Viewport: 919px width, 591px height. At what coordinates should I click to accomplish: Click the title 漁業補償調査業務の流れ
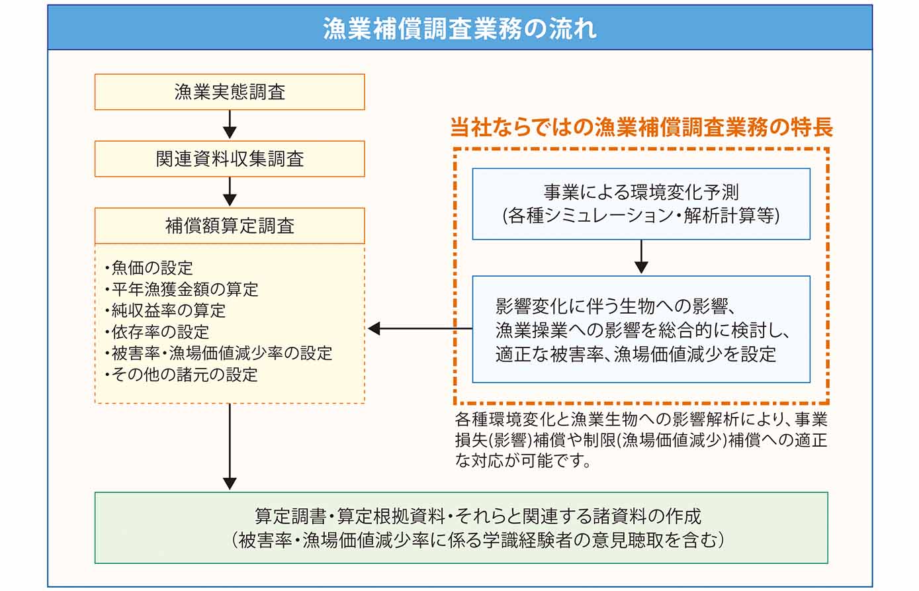tap(459, 28)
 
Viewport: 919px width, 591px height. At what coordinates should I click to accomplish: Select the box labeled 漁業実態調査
tap(230, 92)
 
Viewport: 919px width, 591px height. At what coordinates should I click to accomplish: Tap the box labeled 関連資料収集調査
tap(230, 159)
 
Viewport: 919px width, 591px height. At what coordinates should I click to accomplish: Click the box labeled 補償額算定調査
tap(230, 226)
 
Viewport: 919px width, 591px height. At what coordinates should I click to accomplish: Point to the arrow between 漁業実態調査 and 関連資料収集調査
tap(230, 125)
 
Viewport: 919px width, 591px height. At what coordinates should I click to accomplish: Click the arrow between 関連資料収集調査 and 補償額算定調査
tap(230, 192)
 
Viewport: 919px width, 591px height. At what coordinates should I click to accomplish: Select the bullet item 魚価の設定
tap(152, 268)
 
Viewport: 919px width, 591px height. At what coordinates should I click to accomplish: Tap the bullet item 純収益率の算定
tap(168, 310)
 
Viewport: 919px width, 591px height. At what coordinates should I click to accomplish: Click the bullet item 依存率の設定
tap(159, 332)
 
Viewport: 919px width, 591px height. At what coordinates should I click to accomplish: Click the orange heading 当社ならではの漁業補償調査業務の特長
tap(640, 127)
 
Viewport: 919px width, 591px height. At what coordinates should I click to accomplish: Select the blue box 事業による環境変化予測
tap(640, 192)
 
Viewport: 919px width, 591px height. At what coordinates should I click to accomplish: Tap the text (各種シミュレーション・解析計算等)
tap(640, 216)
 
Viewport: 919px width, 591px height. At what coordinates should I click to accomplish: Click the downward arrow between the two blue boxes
tap(640, 258)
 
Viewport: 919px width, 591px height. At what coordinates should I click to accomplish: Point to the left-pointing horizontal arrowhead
tap(374, 328)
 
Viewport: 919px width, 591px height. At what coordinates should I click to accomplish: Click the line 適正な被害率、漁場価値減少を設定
tap(635, 354)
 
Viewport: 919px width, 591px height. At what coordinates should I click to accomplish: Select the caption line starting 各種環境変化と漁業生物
tap(640, 420)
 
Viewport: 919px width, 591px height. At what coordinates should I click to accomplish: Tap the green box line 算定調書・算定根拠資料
tap(478, 516)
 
